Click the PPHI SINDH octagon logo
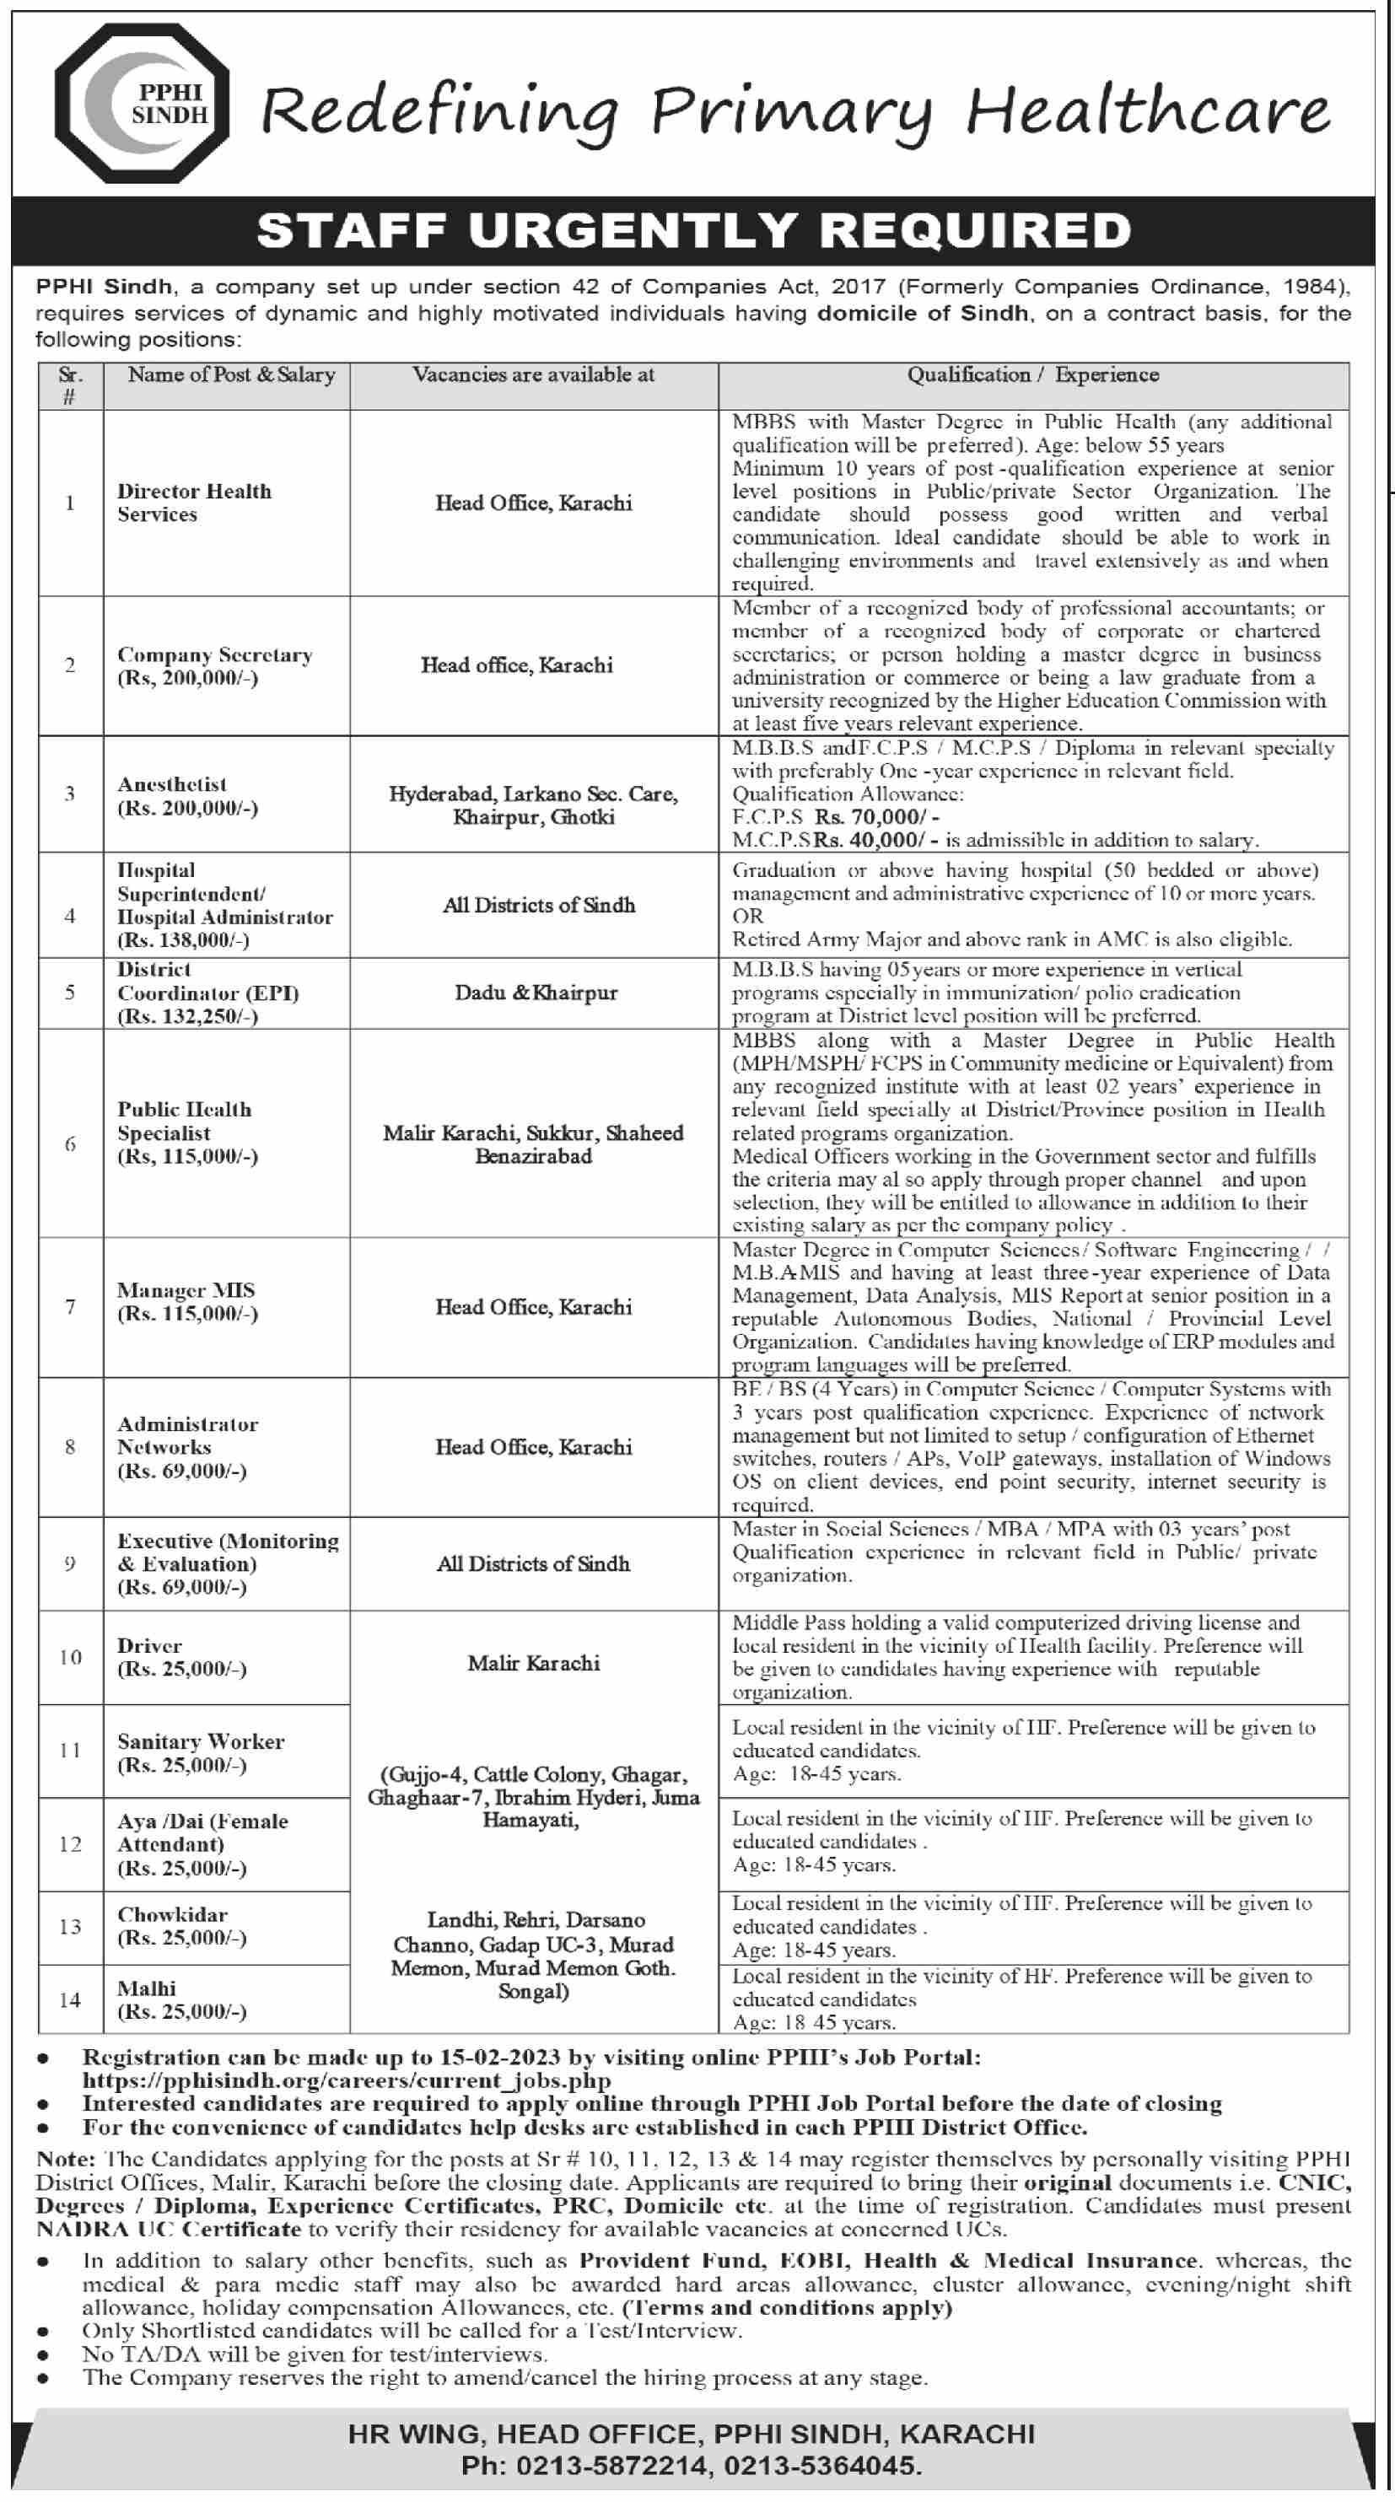tap(142, 103)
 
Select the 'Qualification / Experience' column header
tap(1032, 375)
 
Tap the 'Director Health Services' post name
tap(194, 502)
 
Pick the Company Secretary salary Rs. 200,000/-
tap(187, 678)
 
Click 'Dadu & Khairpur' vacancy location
tap(536, 993)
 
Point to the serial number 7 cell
tap(70, 1307)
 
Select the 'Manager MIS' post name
tap(186, 1290)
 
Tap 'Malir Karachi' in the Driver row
tap(533, 1663)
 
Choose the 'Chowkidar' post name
tap(172, 1914)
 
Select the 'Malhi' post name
tap(147, 1988)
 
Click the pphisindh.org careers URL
tap(346, 2080)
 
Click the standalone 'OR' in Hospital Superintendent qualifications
tap(748, 916)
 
